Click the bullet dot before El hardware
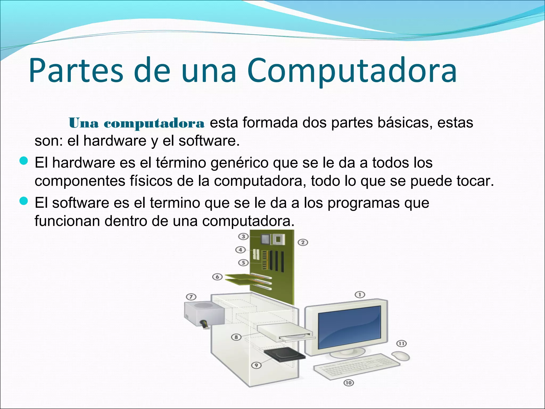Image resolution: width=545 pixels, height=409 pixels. tap(24, 161)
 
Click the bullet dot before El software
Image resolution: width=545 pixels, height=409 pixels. tap(24, 201)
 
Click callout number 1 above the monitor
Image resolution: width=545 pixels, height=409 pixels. tap(360, 295)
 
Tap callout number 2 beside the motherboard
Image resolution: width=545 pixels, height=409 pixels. tap(303, 242)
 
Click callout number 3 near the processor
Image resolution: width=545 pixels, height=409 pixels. tap(243, 236)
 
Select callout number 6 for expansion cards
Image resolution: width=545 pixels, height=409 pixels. tap(217, 277)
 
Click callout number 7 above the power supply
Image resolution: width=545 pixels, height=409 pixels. tap(191, 297)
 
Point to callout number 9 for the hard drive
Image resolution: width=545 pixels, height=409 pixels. tap(256, 365)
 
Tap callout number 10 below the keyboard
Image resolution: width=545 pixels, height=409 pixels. tap(348, 383)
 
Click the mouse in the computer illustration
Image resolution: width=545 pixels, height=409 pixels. tap(401, 355)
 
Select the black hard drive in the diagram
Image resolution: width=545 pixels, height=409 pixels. tap(284, 355)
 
